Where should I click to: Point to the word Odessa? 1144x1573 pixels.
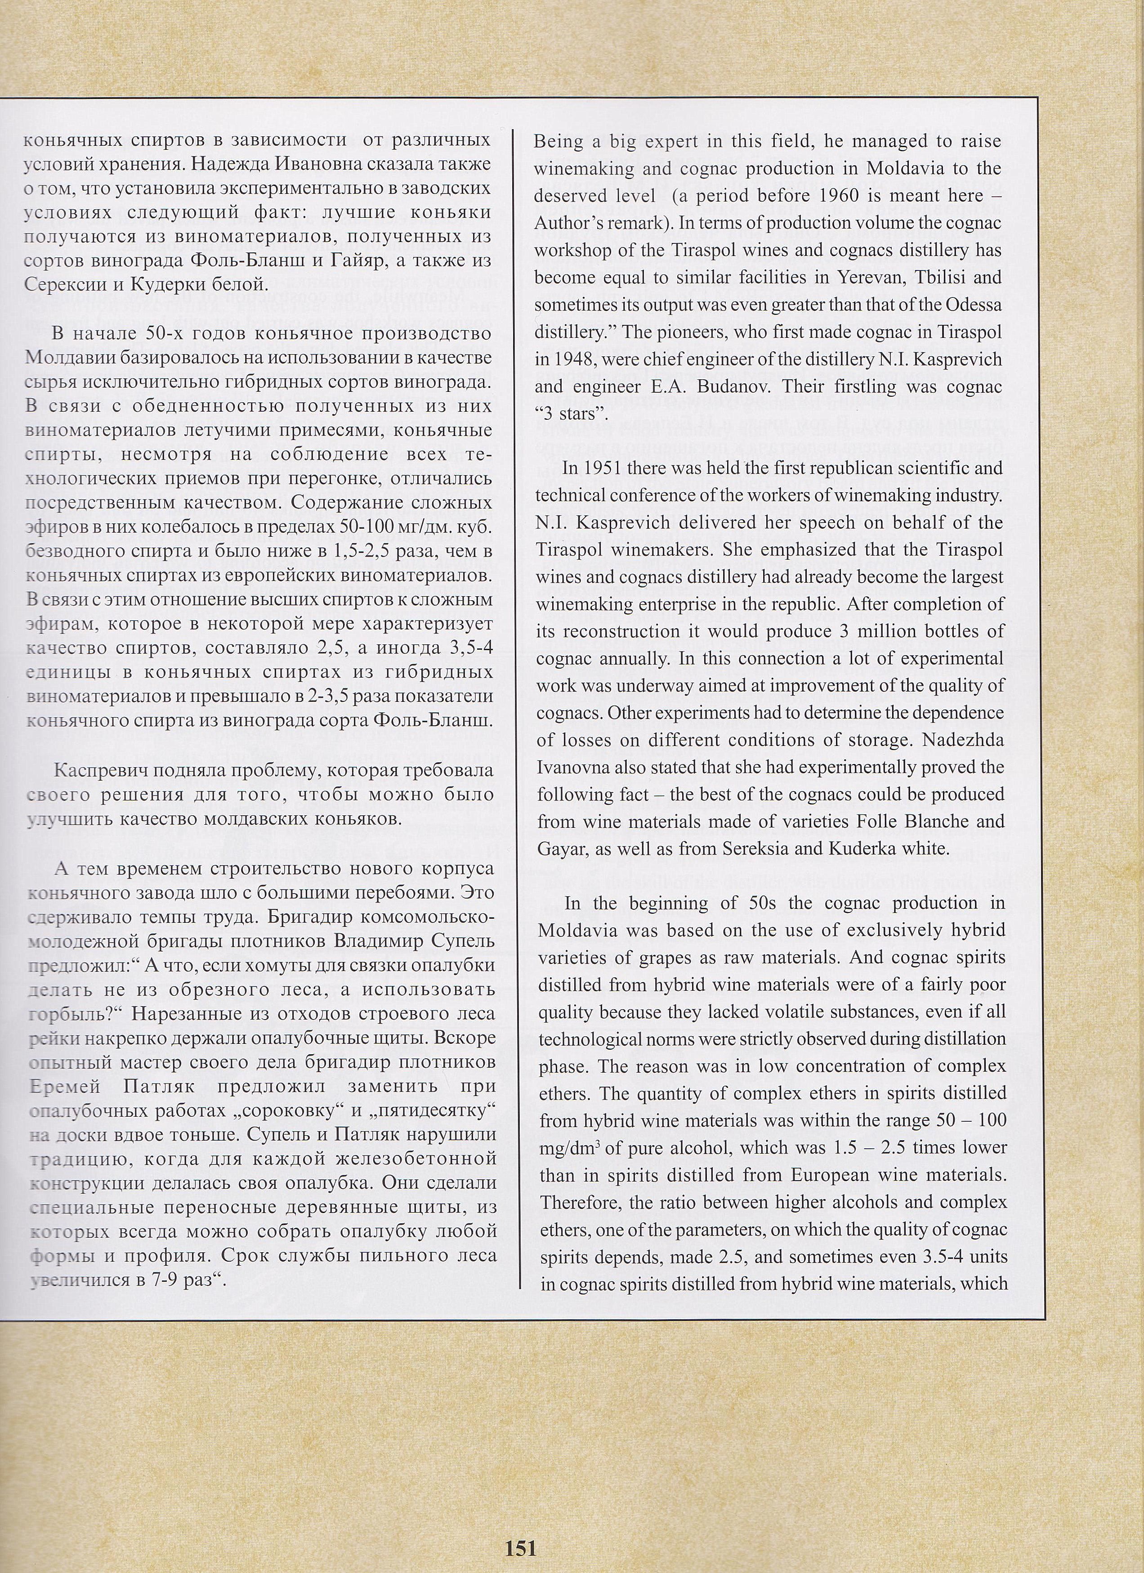pyautogui.click(x=969, y=305)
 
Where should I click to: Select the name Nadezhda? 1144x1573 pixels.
pyautogui.click(x=962, y=740)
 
